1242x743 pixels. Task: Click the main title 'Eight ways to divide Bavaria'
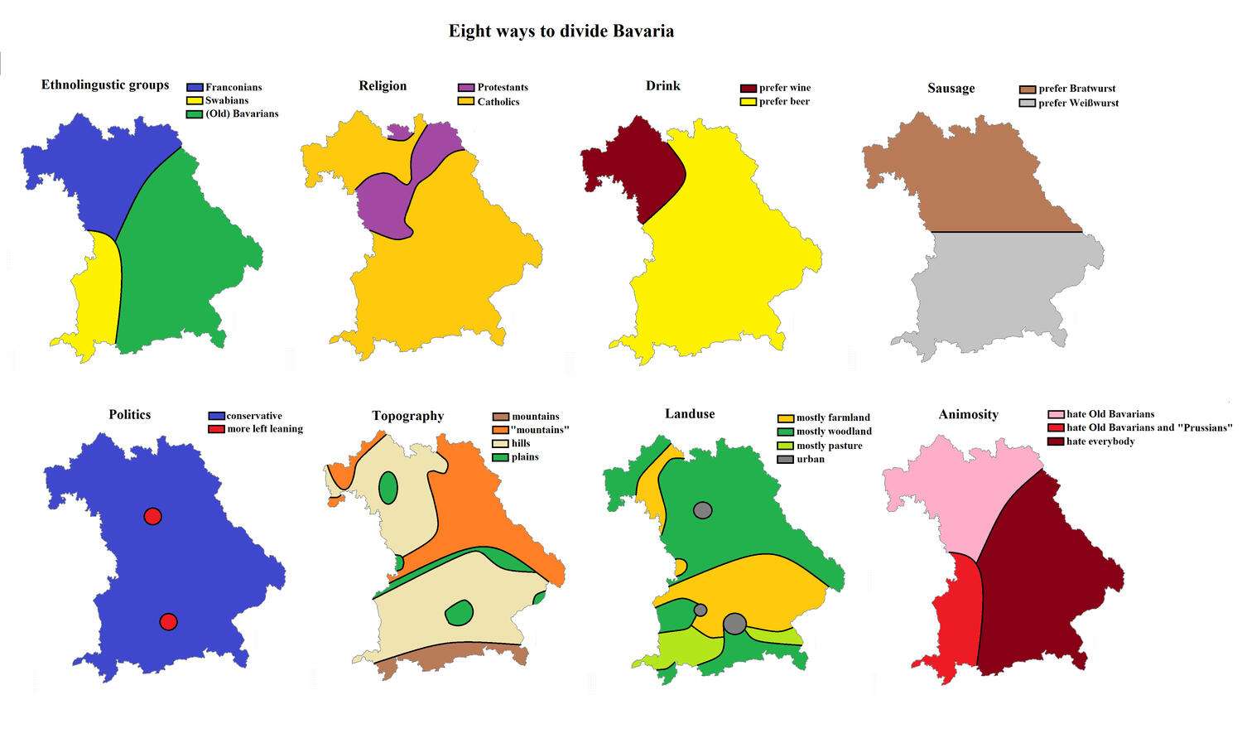coord(561,31)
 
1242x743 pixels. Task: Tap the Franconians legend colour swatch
coord(195,87)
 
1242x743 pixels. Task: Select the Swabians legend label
coord(227,100)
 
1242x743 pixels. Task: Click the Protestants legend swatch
coord(466,88)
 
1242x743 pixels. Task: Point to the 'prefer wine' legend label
coord(785,88)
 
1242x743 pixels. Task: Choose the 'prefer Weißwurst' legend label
coord(1078,103)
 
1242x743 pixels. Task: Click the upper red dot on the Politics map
coord(152,516)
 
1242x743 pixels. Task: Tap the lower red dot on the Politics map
coord(168,621)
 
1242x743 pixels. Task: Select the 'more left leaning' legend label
coord(265,429)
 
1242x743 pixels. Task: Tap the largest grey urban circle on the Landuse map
coord(734,624)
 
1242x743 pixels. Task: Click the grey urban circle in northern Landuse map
coord(702,510)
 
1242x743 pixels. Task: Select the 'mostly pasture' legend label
coord(829,446)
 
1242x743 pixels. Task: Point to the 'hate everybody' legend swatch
coord(1057,441)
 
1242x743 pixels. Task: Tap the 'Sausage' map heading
coord(951,89)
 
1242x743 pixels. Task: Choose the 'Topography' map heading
coord(407,416)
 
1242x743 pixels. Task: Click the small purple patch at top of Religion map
coord(399,131)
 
